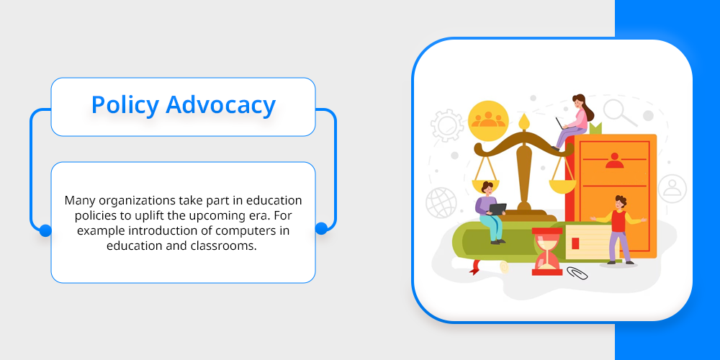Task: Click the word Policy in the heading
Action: [x=125, y=105]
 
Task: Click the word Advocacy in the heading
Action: [x=220, y=104]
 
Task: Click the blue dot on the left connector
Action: [x=45, y=230]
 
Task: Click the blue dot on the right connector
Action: [x=321, y=228]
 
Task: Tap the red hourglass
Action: [x=547, y=251]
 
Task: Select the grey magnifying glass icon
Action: [x=619, y=112]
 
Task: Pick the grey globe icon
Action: [x=441, y=202]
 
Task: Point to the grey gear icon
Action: [x=447, y=125]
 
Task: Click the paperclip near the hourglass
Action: [x=577, y=273]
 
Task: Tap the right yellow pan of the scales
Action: [x=562, y=186]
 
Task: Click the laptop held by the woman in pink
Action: [x=559, y=124]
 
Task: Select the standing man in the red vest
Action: [x=618, y=230]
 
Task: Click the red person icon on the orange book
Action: [x=614, y=161]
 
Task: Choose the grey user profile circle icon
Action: [x=672, y=189]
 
